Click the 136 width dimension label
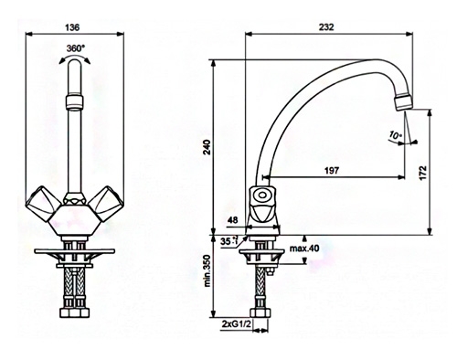click(x=72, y=27)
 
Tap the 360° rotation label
click(x=76, y=48)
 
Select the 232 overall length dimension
click(x=326, y=27)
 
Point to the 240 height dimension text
click(x=207, y=147)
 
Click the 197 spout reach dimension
click(x=332, y=170)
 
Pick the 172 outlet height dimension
click(x=423, y=173)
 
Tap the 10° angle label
click(x=396, y=135)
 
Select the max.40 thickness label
click(x=304, y=249)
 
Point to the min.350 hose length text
click(x=207, y=271)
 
